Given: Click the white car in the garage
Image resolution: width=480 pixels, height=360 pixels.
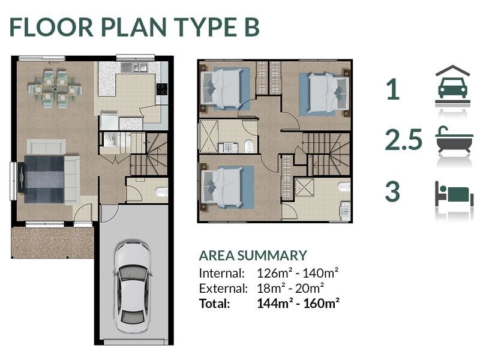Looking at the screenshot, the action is (133, 287).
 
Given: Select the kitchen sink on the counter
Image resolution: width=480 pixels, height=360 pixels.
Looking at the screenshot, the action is (134, 67).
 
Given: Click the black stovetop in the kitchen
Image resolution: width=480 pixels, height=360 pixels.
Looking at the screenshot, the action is (162, 89).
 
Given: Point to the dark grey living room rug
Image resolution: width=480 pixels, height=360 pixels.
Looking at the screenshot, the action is (44, 179).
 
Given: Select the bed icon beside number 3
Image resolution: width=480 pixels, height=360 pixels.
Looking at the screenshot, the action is (454, 194).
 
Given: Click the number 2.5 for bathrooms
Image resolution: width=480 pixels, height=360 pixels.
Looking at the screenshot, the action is (404, 140).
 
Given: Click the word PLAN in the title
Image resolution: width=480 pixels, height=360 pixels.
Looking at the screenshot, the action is (133, 28).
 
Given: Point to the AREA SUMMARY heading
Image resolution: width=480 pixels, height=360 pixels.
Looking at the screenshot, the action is (253, 256).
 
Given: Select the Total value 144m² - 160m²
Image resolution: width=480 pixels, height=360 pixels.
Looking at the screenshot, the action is (298, 303).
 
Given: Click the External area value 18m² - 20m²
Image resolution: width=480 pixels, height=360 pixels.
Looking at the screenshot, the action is (290, 288).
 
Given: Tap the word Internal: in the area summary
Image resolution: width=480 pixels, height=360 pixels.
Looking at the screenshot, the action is (222, 273).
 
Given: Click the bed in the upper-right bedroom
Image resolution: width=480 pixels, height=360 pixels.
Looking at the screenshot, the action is (328, 94).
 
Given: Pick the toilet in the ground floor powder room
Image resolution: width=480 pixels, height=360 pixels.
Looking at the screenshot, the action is (161, 192).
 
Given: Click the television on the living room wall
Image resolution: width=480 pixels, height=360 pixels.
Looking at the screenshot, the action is (21, 177).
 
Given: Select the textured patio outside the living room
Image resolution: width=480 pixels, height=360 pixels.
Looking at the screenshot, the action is (52, 242).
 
